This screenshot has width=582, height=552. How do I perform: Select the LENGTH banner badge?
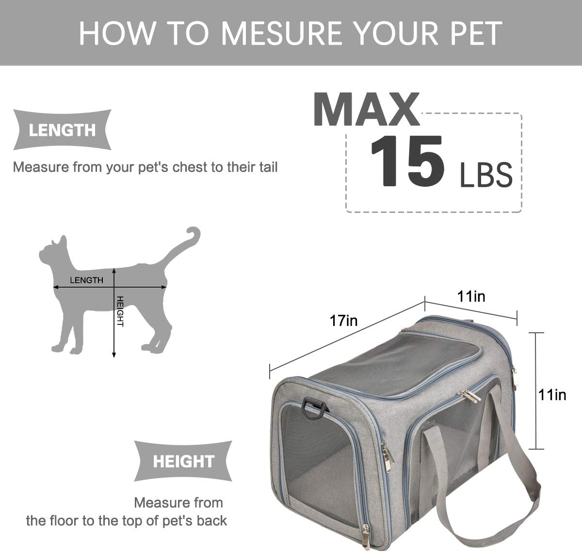[62, 130]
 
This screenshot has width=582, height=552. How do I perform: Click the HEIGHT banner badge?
[183, 461]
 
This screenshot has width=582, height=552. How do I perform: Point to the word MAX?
[366, 110]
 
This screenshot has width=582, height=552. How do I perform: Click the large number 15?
[407, 161]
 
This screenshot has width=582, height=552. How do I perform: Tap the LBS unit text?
[486, 175]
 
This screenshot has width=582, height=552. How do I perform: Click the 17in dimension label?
[343, 321]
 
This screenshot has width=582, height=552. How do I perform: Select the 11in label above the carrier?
[471, 296]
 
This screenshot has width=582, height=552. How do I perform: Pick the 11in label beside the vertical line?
[552, 395]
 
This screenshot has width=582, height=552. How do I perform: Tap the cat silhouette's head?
[53, 252]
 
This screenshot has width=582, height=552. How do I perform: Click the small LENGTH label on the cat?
[86, 280]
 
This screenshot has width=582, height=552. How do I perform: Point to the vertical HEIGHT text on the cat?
[120, 311]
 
